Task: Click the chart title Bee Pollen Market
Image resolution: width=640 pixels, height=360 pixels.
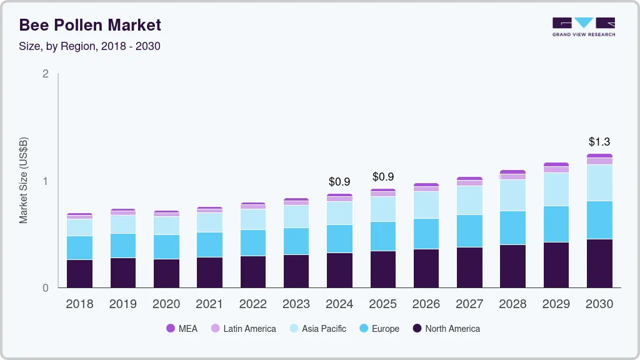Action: tap(90, 25)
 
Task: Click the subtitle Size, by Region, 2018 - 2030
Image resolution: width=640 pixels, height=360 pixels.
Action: tap(90, 46)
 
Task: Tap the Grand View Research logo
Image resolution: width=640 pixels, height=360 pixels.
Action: tap(583, 26)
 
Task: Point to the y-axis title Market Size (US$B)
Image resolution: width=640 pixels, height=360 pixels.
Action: tap(23, 180)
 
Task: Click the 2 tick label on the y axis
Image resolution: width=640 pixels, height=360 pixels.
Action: tap(45, 74)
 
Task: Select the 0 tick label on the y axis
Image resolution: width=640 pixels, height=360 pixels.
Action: tap(45, 288)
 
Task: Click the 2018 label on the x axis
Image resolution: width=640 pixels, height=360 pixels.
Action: tap(79, 304)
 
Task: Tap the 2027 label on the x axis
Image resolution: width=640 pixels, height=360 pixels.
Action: tap(469, 304)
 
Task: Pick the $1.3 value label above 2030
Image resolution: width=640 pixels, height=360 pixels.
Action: tap(599, 142)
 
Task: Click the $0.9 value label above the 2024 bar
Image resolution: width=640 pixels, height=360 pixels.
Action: tap(339, 182)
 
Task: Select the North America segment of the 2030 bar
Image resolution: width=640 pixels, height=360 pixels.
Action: tap(599, 263)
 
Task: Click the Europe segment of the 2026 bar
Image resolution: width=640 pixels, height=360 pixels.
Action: tap(426, 234)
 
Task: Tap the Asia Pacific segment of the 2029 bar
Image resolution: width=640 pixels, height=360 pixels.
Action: tap(556, 189)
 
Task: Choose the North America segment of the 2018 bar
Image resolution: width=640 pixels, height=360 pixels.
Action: tap(79, 274)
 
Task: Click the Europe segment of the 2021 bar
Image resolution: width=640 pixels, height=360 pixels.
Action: tap(209, 244)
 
